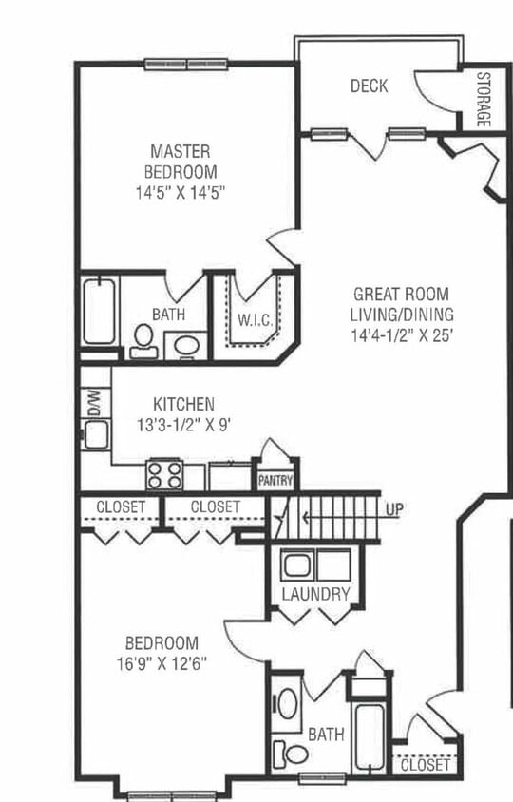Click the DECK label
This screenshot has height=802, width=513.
tap(369, 86)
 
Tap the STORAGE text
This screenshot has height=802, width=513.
tap(484, 99)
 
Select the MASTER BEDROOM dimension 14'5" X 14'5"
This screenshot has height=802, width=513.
tap(180, 193)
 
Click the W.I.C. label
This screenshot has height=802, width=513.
tap(255, 320)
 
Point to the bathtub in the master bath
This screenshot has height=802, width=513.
tap(99, 311)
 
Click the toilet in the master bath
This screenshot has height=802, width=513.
tap(143, 340)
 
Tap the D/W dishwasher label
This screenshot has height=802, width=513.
tap(95, 402)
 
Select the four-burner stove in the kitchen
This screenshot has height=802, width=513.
tap(164, 475)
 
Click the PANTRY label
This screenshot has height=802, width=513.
tap(275, 481)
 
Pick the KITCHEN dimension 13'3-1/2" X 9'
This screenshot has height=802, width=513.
tap(184, 425)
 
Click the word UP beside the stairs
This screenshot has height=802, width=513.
tap(394, 509)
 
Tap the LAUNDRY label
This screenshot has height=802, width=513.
tap(316, 594)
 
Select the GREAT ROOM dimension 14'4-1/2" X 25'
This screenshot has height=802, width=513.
tap(403, 335)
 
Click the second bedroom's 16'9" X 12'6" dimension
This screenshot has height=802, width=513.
tap(161, 664)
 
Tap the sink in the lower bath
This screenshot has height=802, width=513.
tap(287, 704)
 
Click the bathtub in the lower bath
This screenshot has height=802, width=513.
tap(370, 736)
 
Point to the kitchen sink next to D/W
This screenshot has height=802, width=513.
tap(96, 435)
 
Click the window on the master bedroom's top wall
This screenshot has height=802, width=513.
tap(186, 64)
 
